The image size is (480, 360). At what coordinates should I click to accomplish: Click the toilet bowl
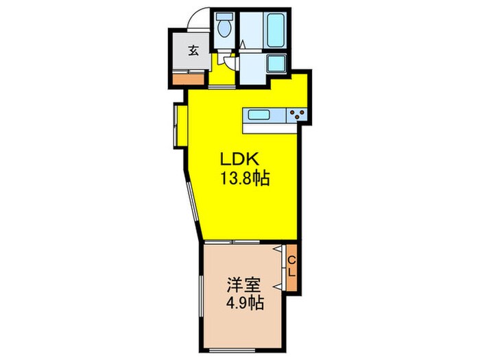coord(224,29)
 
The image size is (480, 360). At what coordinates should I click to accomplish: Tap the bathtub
coord(276,29)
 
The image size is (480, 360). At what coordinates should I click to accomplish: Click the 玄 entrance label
coord(194,49)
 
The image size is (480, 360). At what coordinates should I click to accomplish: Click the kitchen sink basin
coord(261,115)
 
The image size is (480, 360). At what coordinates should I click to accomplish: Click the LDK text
coord(236,159)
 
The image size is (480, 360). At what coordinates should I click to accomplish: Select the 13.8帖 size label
coord(243,179)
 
